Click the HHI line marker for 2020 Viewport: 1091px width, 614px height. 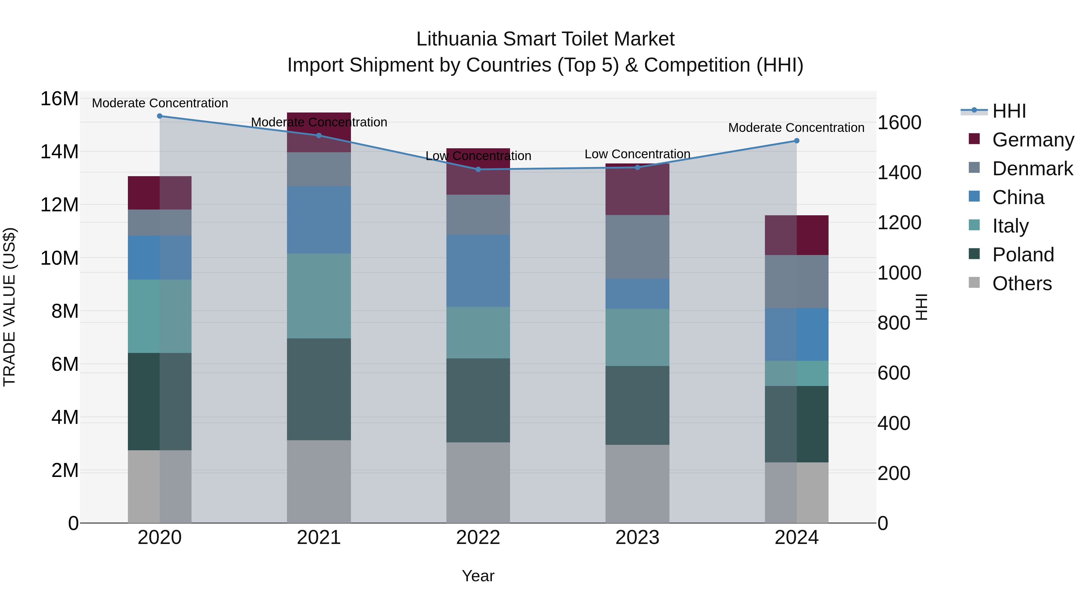(160, 116)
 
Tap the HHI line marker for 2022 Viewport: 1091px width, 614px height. (478, 169)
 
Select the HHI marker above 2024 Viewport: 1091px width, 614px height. (797, 141)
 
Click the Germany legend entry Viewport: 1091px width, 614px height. (1033, 140)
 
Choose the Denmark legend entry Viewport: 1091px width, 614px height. (1032, 169)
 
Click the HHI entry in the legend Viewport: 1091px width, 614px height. (1009, 111)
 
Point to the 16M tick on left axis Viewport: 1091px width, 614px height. (59, 99)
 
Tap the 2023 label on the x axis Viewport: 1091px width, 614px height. (637, 538)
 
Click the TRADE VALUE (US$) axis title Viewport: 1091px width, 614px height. (10, 307)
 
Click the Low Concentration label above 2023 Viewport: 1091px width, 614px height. (637, 154)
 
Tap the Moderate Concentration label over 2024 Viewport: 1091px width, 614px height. (796, 128)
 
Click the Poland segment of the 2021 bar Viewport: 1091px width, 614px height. (319, 389)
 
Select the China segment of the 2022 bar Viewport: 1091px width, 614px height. (478, 271)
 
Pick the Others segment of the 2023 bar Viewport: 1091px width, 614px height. (637, 484)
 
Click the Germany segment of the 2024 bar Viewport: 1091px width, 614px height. (797, 235)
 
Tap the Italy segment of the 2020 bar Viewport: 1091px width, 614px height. (160, 316)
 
